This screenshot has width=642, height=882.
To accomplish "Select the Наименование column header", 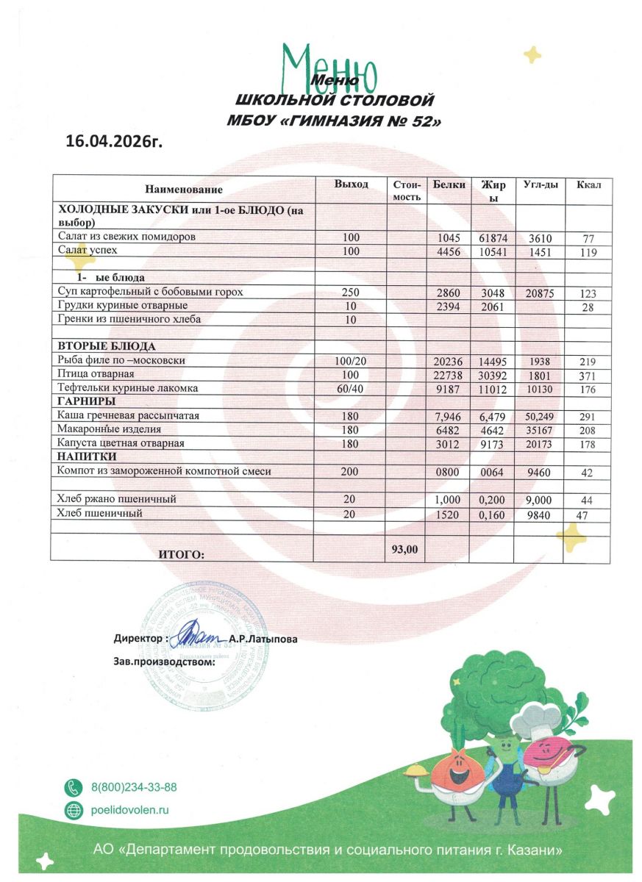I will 183,190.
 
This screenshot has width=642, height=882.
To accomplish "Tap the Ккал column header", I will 588,184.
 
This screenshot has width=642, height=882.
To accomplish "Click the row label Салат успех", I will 88,251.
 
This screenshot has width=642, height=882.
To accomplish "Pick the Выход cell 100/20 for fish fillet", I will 350,361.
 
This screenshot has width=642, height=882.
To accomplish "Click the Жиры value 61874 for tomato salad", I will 492,238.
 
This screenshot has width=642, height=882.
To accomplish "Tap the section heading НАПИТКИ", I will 84,457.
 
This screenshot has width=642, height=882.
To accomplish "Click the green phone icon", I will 74,787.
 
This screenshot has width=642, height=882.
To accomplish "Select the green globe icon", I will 74,810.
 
